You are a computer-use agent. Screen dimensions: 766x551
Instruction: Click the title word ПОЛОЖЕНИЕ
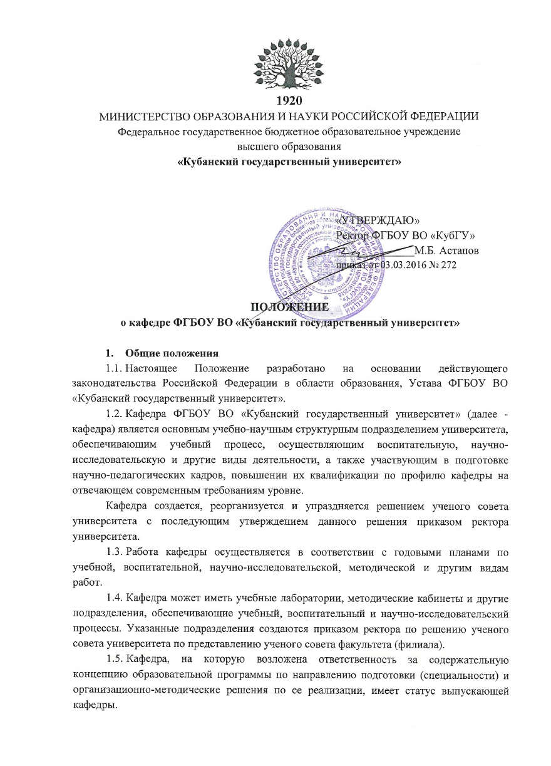(289, 308)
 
